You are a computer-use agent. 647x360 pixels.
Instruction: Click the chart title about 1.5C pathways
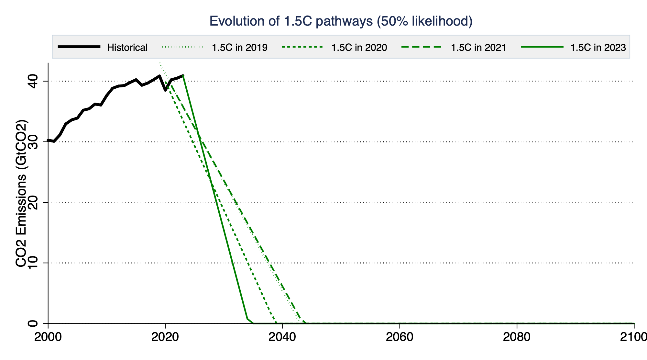tap(341, 21)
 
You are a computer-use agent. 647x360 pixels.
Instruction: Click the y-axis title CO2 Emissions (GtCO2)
tap(21, 194)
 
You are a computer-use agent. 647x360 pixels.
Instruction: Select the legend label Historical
tap(127, 48)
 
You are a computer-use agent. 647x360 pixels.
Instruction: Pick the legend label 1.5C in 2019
tap(240, 48)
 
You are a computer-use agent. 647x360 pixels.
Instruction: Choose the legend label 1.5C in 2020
tap(359, 48)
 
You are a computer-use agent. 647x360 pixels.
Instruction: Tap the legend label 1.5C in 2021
tap(478, 48)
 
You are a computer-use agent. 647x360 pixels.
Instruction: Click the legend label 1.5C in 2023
tap(598, 48)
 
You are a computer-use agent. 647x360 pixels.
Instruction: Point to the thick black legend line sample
tap(79, 47)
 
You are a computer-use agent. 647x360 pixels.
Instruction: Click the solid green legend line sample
tap(542, 47)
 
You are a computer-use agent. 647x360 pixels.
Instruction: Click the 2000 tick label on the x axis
tap(48, 337)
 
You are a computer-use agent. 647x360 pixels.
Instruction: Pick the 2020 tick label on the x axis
tap(165, 337)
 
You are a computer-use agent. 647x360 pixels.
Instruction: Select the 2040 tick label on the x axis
tap(282, 337)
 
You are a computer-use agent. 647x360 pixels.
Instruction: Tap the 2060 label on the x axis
tap(400, 337)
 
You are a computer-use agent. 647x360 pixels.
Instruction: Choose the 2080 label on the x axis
tap(517, 337)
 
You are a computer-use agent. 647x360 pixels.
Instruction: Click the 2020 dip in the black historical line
tap(165, 90)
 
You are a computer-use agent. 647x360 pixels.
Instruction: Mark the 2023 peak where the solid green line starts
tap(183, 75)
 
